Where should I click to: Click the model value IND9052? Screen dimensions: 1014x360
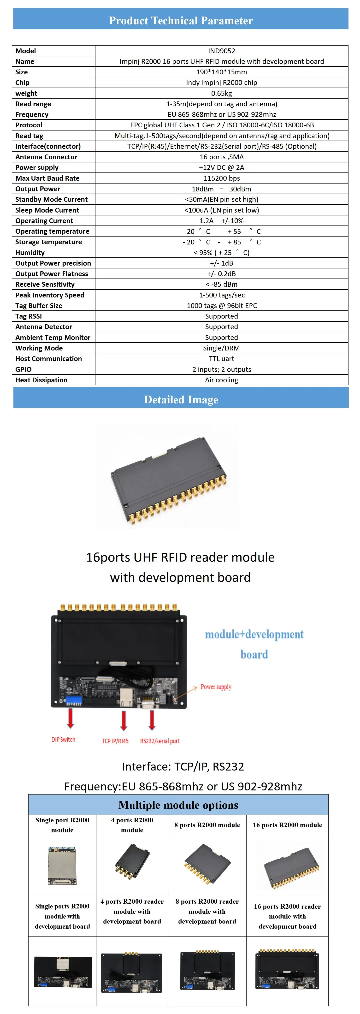(x=222, y=51)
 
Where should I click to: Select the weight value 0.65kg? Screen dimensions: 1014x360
(x=222, y=93)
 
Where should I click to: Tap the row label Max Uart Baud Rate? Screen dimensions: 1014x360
(x=47, y=178)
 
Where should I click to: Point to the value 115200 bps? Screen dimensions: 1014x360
(x=222, y=178)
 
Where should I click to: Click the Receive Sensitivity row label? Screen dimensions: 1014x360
(x=45, y=284)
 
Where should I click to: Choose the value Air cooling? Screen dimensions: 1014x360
(x=222, y=380)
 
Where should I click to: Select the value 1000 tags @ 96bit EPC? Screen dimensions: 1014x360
(x=222, y=305)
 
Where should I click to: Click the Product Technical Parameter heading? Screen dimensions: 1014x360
(x=181, y=20)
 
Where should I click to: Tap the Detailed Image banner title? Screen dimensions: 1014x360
(x=181, y=400)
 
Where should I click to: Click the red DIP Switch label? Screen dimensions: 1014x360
(x=63, y=740)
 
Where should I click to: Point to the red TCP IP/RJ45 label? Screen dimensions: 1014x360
(x=115, y=741)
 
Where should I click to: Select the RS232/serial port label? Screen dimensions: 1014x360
(x=160, y=741)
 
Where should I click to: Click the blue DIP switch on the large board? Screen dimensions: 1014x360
(x=74, y=700)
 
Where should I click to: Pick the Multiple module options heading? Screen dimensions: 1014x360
(x=178, y=805)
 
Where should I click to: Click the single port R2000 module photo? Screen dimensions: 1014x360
(x=62, y=866)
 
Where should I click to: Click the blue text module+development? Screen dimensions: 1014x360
(x=254, y=634)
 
